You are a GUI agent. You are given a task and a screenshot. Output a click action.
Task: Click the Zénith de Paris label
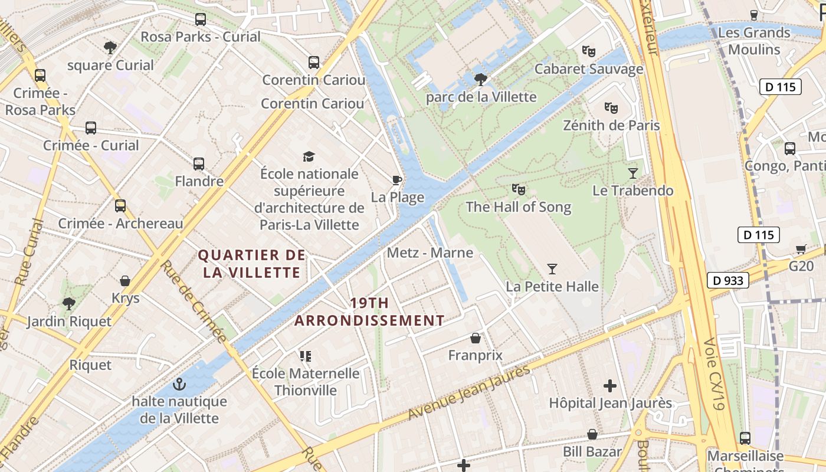[611, 126]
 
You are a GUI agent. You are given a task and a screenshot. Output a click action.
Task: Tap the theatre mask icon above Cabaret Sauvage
[588, 51]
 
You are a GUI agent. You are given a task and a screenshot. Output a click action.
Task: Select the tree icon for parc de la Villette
[481, 79]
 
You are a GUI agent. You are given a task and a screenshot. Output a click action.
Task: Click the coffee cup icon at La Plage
[397, 180]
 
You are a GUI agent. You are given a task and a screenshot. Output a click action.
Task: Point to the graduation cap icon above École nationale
[309, 156]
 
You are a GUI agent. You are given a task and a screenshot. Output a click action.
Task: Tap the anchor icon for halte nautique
[179, 385]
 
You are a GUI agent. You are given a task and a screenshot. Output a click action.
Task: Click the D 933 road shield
[727, 280]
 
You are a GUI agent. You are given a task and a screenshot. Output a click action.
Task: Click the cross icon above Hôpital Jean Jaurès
[610, 386]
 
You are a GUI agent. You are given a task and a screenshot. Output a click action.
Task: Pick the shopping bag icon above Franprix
[475, 338]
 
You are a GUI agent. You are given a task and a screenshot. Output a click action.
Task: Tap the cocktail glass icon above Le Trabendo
[632, 173]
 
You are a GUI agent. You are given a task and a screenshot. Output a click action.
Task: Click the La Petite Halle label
[552, 287]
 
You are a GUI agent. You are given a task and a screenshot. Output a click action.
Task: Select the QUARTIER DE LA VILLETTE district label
[252, 264]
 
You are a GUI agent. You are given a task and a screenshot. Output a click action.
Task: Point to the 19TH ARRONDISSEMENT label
[369, 312]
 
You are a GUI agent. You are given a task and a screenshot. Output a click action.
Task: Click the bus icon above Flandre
[199, 164]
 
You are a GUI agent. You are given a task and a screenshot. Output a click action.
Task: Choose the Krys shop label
[126, 298]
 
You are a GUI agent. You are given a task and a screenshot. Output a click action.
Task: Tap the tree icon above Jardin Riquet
[69, 304]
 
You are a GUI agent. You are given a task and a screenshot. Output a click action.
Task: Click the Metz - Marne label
[430, 253]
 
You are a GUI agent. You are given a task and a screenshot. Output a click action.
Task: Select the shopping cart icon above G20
[801, 249]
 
